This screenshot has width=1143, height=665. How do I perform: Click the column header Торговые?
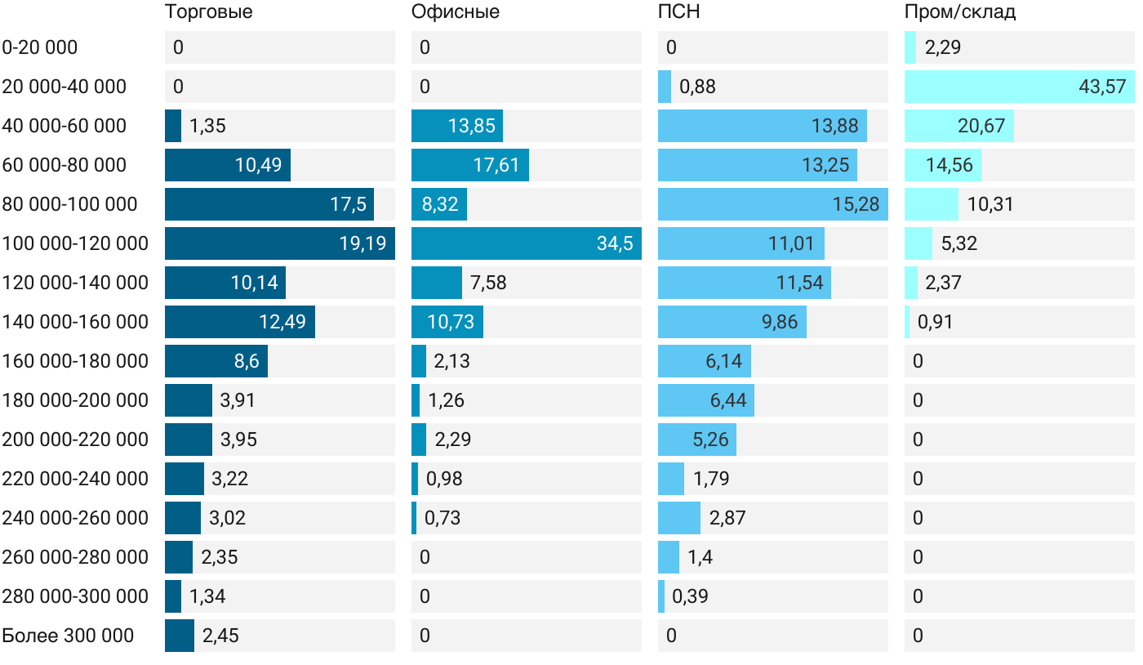click(208, 12)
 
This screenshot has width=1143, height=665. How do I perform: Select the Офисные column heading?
click(456, 12)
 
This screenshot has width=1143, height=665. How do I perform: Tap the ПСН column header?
click(679, 12)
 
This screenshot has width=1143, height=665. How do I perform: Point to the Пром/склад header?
click(959, 12)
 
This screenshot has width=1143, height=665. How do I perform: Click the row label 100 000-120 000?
click(75, 243)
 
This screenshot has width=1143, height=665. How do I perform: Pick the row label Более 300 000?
click(68, 636)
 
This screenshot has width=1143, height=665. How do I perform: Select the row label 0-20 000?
click(40, 47)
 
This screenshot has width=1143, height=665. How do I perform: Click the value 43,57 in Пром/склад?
click(1102, 87)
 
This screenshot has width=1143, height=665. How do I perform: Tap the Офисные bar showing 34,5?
click(526, 243)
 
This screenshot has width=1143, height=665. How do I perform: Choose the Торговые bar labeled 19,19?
click(279, 243)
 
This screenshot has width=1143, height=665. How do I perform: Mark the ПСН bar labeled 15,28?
click(772, 204)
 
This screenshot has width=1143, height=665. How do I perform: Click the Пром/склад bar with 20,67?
click(958, 126)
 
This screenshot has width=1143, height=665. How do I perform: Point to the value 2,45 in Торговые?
click(220, 636)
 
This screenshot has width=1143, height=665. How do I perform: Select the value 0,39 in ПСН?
click(690, 596)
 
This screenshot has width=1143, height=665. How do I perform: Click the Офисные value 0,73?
click(443, 518)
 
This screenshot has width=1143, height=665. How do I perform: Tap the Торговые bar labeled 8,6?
click(216, 361)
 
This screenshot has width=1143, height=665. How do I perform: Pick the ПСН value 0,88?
click(697, 87)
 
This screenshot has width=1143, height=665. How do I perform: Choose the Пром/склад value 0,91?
click(935, 322)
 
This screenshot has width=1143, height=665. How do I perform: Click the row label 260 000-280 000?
click(75, 557)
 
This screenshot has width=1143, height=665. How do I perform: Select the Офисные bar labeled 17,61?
click(469, 165)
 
